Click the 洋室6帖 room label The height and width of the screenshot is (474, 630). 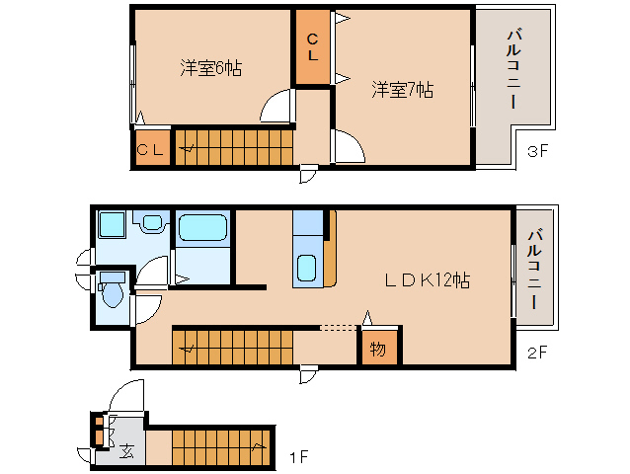[210, 68]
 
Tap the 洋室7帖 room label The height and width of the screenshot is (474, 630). [402, 90]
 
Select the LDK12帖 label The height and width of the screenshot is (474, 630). [427, 280]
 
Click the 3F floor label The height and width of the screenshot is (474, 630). [537, 152]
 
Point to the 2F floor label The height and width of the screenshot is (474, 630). [537, 351]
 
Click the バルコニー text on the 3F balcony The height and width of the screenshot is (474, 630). [513, 69]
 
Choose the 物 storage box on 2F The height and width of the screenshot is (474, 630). [378, 349]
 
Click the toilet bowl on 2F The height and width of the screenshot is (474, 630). [112, 293]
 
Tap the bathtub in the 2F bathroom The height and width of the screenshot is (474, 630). [203, 228]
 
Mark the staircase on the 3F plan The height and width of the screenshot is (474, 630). [234, 146]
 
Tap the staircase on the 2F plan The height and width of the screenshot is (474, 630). [233, 346]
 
